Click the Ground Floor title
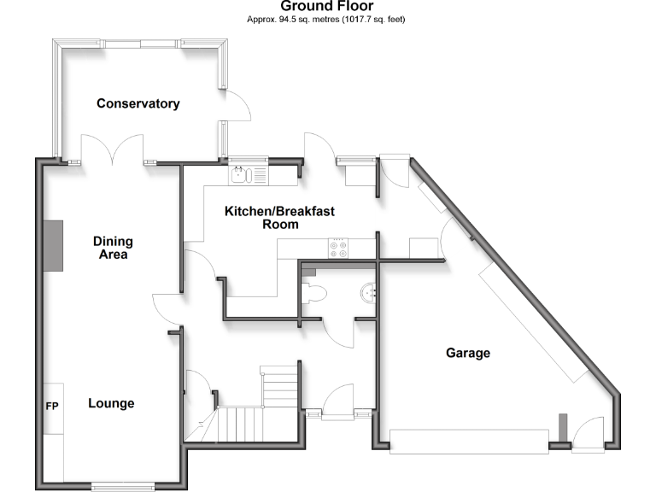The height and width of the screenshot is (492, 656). click(327, 6)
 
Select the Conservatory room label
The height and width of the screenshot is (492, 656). click(138, 103)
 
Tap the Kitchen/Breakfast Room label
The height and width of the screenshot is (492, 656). click(266, 218)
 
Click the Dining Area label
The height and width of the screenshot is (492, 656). click(112, 248)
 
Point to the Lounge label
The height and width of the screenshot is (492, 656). click(111, 403)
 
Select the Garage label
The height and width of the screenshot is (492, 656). click(467, 353)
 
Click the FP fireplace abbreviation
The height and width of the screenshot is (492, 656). click(51, 405)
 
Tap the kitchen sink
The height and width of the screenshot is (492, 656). click(242, 175)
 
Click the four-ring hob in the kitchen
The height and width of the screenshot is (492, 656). click(338, 247)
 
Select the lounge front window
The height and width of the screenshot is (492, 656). click(119, 487)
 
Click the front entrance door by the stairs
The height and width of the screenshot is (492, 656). click(338, 401)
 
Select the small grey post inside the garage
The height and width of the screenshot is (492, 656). click(563, 425)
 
